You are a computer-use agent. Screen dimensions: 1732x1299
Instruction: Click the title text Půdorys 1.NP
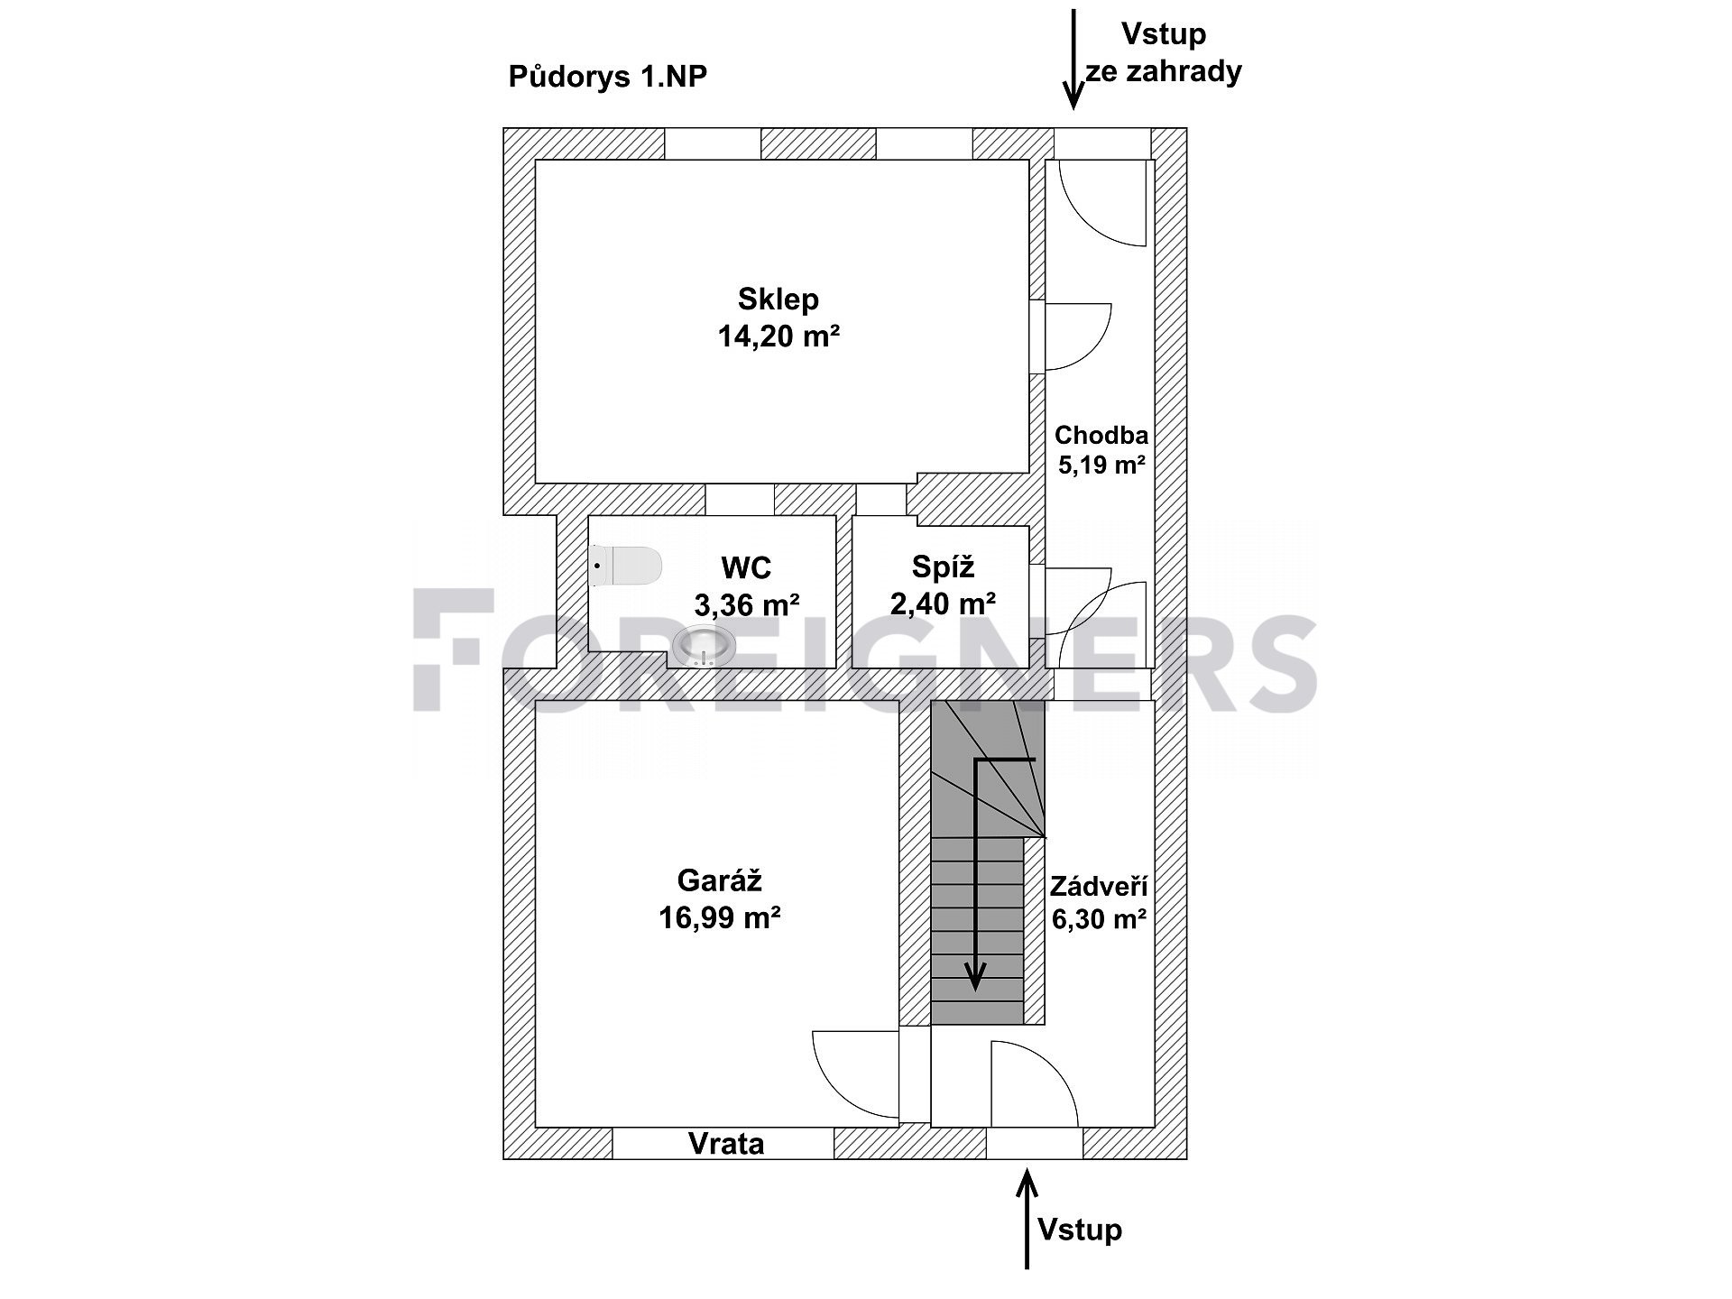(x=607, y=77)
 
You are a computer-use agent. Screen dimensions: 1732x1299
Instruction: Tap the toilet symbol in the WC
(x=625, y=566)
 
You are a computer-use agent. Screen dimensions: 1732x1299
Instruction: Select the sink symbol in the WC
(x=704, y=646)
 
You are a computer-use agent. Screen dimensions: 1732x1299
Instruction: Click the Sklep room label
(x=778, y=299)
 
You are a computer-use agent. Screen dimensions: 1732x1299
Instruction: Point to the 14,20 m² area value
(x=779, y=336)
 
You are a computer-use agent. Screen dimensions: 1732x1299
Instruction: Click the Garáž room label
(x=720, y=880)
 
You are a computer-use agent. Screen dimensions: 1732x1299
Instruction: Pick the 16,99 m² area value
(x=720, y=918)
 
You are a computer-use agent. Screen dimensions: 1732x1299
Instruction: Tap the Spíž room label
(x=943, y=567)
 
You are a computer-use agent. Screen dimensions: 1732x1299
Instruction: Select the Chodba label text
(x=1101, y=436)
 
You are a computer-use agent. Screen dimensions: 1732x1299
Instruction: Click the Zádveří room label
(x=1099, y=886)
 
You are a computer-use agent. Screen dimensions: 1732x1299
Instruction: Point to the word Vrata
(x=726, y=1144)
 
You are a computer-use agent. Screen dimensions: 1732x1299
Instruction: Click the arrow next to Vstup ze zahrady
(x=1073, y=59)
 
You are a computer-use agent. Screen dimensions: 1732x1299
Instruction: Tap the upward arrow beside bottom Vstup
(x=1027, y=1219)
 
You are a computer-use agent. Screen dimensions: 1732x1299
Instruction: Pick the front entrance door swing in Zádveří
(x=1035, y=1083)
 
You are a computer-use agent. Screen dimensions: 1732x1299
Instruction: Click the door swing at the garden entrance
(x=1102, y=203)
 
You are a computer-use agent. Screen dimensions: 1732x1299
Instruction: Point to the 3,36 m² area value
(x=747, y=604)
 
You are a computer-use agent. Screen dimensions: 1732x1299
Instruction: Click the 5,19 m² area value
(x=1101, y=466)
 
